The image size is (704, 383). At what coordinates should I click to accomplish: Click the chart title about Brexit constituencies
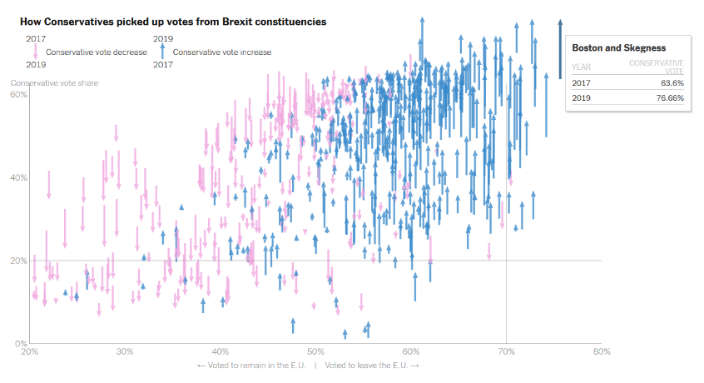(x=173, y=21)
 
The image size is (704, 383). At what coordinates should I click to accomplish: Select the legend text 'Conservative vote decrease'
(x=97, y=52)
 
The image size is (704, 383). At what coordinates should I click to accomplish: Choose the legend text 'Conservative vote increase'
(x=221, y=52)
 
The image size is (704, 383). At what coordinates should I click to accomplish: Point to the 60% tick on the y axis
(x=18, y=94)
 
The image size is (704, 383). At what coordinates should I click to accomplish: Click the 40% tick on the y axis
(x=18, y=177)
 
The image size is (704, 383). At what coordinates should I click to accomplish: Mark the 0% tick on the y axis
(x=22, y=343)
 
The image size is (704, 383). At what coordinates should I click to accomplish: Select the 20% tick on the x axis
(x=30, y=351)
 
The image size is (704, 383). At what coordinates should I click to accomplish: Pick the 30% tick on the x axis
(x=125, y=351)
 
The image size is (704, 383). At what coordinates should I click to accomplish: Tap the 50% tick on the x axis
(x=315, y=351)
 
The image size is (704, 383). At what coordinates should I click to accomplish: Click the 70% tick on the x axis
(x=506, y=351)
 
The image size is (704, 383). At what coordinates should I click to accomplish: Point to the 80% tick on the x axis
(x=601, y=351)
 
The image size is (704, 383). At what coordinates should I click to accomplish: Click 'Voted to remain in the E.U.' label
(x=251, y=365)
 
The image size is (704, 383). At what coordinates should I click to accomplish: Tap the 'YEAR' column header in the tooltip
(x=583, y=67)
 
